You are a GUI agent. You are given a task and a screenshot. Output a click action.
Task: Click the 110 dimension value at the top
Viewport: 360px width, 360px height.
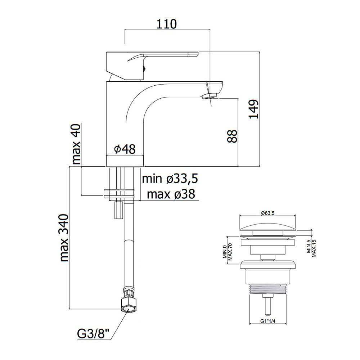tap(167, 24)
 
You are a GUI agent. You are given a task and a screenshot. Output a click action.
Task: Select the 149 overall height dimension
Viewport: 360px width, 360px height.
tap(254, 109)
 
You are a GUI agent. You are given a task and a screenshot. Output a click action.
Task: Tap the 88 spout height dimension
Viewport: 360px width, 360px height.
tap(233, 136)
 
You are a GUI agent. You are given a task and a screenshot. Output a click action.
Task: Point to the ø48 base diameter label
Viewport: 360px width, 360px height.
tap(125, 149)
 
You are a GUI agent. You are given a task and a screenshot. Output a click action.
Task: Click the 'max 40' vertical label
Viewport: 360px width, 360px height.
tap(76, 144)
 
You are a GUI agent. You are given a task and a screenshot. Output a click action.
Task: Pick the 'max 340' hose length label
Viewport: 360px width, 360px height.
tap(64, 238)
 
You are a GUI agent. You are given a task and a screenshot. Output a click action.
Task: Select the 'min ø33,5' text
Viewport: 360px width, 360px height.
tap(170, 179)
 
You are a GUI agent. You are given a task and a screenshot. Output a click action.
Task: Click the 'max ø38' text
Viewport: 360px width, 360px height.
tap(171, 194)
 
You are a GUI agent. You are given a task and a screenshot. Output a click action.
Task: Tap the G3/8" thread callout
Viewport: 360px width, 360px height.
tap(93, 334)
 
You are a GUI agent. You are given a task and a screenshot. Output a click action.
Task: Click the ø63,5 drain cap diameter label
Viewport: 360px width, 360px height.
tap(267, 213)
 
